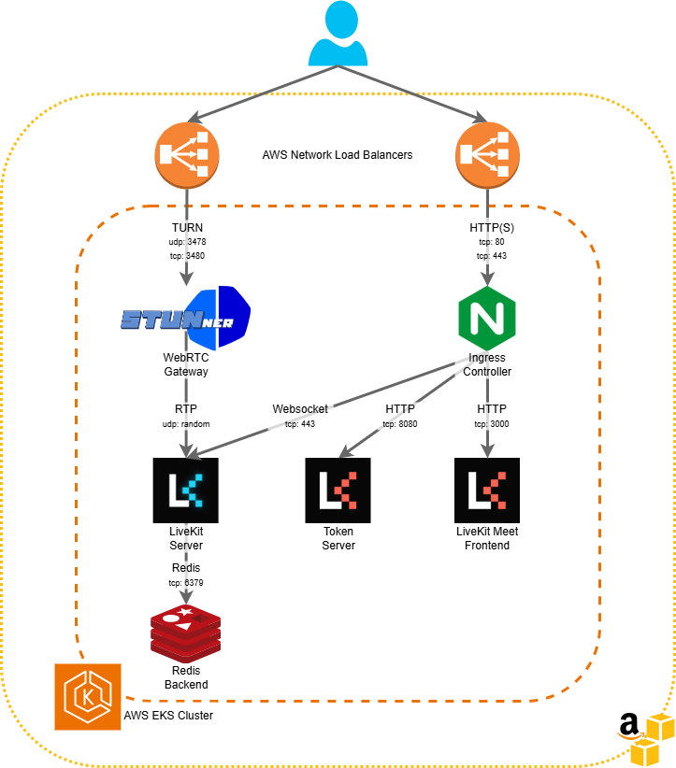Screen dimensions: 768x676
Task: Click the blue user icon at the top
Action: (x=338, y=35)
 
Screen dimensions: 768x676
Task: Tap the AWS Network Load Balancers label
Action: (x=337, y=155)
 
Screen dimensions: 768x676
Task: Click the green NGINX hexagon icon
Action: (x=487, y=319)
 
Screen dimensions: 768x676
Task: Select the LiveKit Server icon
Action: (x=186, y=490)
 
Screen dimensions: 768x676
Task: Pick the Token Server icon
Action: (x=338, y=490)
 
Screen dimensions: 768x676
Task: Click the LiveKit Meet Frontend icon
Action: (x=487, y=490)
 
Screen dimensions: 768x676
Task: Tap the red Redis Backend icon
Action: (x=186, y=633)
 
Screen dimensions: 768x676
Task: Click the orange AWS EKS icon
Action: (x=88, y=697)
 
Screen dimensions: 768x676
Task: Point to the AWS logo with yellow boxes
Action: (x=646, y=738)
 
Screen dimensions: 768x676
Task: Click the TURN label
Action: (x=187, y=227)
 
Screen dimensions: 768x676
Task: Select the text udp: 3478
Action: (x=187, y=242)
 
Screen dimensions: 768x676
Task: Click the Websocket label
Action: (x=300, y=408)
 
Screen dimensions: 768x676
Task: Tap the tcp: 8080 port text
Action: (x=400, y=424)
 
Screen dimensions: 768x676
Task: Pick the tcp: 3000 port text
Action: (x=492, y=424)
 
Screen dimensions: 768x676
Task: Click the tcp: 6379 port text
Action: (x=186, y=582)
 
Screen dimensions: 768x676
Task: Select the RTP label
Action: (x=186, y=408)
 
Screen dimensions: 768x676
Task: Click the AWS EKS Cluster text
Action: (x=168, y=716)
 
